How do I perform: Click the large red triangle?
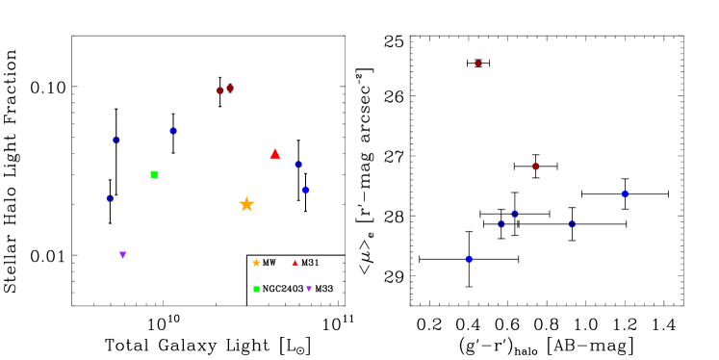[x=275, y=154]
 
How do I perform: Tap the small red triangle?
[x=295, y=262]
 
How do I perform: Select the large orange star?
[x=246, y=204]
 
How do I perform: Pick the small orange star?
[x=256, y=263]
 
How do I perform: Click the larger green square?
[x=154, y=175]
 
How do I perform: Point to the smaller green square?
[x=256, y=289]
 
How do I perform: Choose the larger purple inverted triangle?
[x=123, y=255]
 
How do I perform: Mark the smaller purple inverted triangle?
[x=309, y=289]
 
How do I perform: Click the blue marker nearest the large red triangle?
[x=298, y=165]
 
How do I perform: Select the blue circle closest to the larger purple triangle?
[x=110, y=198]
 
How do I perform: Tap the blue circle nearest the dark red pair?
[x=173, y=131]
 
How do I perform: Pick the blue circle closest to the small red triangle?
[x=306, y=190]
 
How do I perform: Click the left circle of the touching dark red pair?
[x=220, y=90]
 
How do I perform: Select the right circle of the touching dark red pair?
[x=230, y=89]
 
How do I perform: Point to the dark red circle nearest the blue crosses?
[x=536, y=167]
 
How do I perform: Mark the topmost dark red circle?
[x=478, y=64]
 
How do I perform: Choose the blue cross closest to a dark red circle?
[x=515, y=214]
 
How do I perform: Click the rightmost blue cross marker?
[x=626, y=193]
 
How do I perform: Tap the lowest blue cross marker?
[x=469, y=259]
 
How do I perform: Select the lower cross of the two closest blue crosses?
[x=501, y=224]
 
